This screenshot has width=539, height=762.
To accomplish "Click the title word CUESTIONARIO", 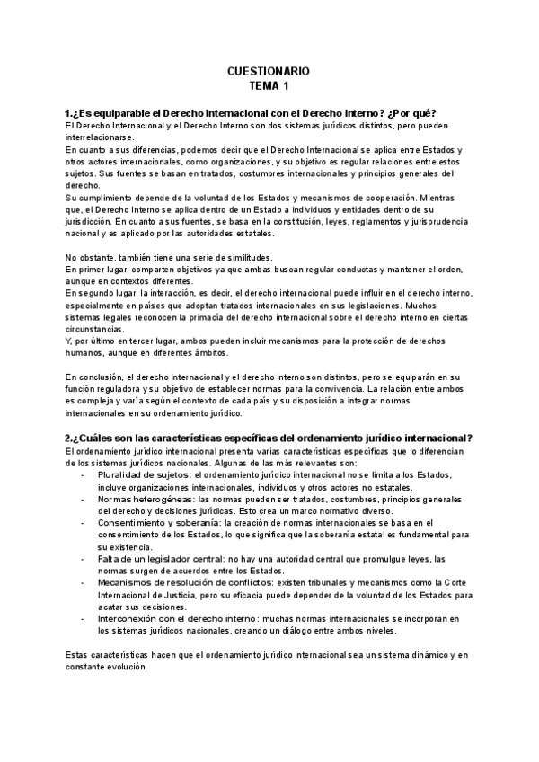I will coord(269,70).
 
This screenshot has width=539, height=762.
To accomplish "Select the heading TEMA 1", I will coord(269,85).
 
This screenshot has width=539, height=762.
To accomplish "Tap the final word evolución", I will coord(130,669).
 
